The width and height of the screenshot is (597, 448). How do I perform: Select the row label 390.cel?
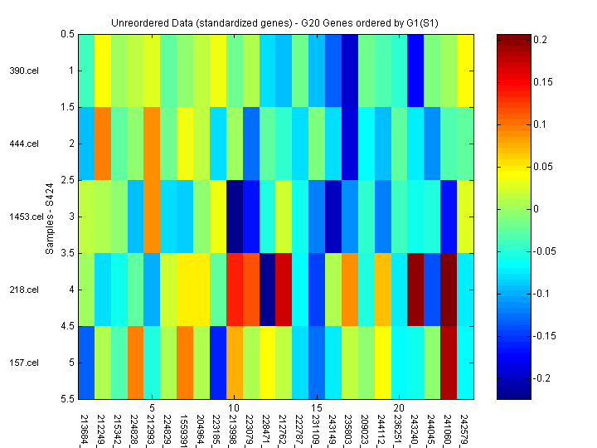24,71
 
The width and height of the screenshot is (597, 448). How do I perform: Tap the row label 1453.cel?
22,217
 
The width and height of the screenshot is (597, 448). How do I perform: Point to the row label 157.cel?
24,363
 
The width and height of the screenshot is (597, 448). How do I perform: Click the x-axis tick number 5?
153,408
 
